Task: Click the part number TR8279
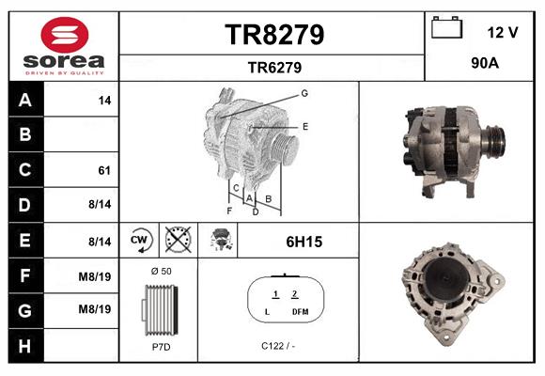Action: pos(273,35)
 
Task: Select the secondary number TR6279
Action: pos(273,67)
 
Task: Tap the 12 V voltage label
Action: pos(503,32)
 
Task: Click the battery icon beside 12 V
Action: pos(447,28)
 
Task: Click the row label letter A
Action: pos(24,100)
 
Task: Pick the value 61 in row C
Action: pos(104,170)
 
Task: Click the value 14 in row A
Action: pos(104,100)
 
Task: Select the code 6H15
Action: pos(304,242)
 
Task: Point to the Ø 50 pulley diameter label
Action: pos(160,271)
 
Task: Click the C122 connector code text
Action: pos(278,345)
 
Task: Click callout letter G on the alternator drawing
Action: pos(304,93)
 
